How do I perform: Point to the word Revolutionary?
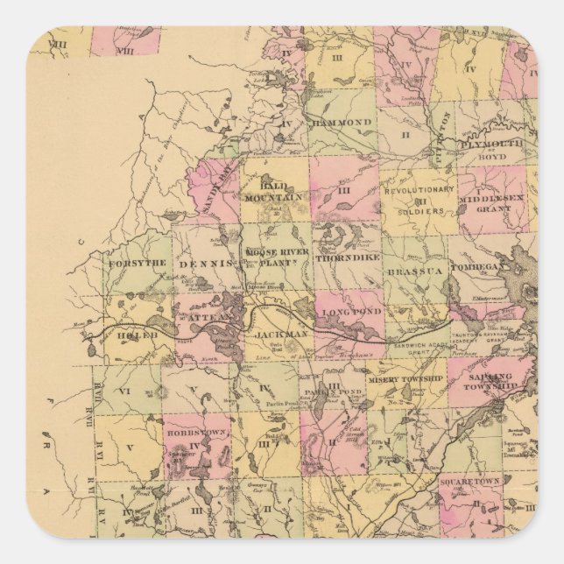[x=424, y=189]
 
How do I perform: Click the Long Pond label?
[x=348, y=312]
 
